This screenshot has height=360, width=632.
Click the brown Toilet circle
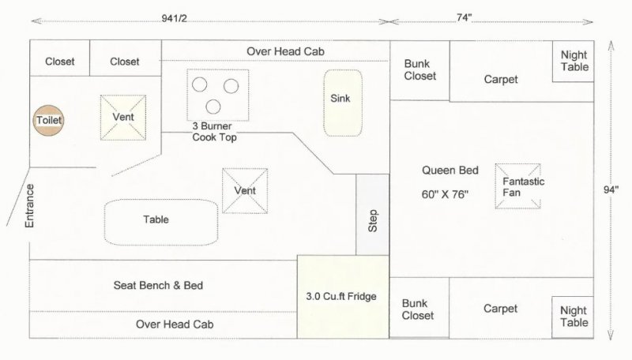pyautogui.click(x=48, y=120)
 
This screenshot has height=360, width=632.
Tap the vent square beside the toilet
pyautogui.click(x=123, y=118)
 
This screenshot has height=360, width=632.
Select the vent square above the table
pyautogui.click(x=244, y=190)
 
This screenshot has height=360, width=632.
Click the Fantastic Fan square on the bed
pyautogui.click(x=518, y=186)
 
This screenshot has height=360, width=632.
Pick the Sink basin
pyautogui.click(x=342, y=99)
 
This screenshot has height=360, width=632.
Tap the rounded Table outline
pyautogui.click(x=161, y=220)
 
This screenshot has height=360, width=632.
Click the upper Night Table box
pyautogui.click(x=574, y=62)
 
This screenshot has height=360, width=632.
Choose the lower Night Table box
pyautogui.click(x=574, y=316)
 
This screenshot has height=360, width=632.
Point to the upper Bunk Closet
pyautogui.click(x=419, y=70)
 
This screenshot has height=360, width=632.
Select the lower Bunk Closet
pyautogui.click(x=419, y=309)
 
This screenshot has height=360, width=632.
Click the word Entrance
pyautogui.click(x=30, y=205)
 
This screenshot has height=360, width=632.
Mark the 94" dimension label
pyautogui.click(x=611, y=189)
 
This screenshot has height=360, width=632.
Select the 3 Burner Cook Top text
pyautogui.click(x=214, y=131)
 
